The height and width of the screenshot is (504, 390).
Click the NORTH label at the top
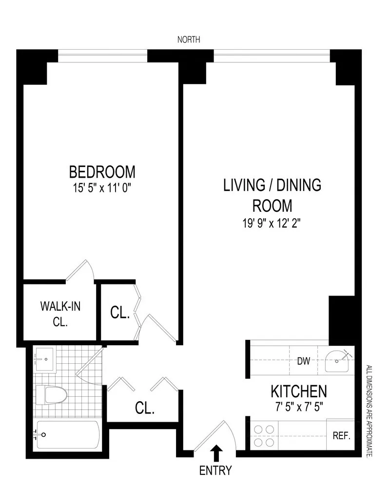tap(189, 40)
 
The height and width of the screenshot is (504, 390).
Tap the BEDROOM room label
tap(102, 172)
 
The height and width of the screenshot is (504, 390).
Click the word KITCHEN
tap(298, 391)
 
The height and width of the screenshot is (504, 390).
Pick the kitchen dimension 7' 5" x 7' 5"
tap(298, 405)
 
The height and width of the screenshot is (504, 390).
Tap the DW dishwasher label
tap(304, 361)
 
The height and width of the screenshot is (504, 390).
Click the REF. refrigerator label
tap(341, 436)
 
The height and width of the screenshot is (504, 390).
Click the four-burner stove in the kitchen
tap(264, 436)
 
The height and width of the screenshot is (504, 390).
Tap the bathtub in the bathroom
tap(67, 435)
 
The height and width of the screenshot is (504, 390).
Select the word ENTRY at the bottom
tap(215, 471)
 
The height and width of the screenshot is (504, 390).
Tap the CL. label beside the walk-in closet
tap(120, 313)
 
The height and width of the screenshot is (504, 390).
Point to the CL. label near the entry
tap(144, 408)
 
